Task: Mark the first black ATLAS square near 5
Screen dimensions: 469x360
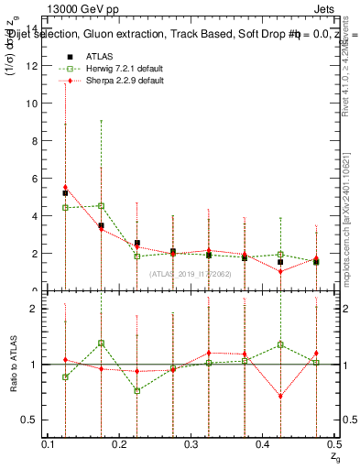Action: pyautogui.click(x=65, y=193)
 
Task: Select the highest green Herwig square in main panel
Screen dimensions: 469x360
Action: pyautogui.click(x=101, y=206)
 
